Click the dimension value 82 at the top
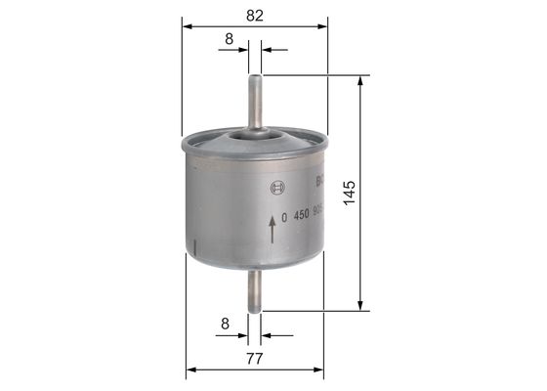(x=256, y=14)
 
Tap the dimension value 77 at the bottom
(x=256, y=359)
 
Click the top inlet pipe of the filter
(x=256, y=103)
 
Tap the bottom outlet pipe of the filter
(x=256, y=290)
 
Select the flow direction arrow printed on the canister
(x=271, y=230)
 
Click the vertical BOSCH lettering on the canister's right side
(x=318, y=180)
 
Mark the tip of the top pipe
(x=256, y=76)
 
